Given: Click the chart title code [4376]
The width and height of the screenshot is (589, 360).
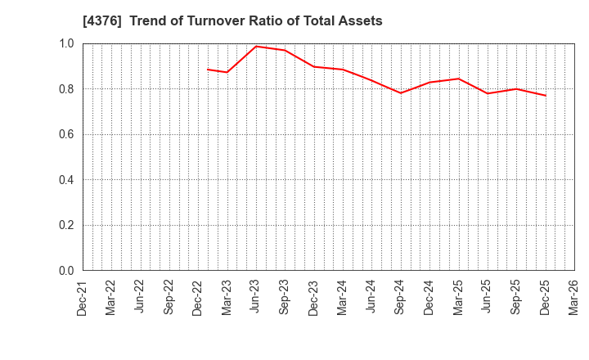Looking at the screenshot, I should click(103, 21).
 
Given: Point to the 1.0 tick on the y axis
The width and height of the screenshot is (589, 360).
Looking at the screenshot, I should click(65, 43).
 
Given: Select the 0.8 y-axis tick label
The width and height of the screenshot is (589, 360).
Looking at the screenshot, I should click(65, 89).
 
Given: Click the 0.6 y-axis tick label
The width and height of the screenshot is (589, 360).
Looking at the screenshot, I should click(65, 134).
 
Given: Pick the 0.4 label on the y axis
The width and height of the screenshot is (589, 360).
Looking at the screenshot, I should click(65, 180).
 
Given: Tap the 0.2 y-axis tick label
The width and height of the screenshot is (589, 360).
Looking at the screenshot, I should click(65, 225).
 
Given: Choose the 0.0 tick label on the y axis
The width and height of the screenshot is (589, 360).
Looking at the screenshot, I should click(65, 271).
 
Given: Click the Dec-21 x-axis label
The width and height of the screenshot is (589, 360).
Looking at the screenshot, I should click(83, 298).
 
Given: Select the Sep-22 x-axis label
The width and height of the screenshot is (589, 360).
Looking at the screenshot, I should click(169, 298).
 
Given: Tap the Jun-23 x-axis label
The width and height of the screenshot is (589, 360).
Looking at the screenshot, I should click(256, 298).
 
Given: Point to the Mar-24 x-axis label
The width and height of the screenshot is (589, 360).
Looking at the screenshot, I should click(343, 298).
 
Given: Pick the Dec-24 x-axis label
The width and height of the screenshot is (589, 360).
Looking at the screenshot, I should click(429, 298).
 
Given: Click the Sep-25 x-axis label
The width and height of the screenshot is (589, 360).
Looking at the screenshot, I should click(516, 298).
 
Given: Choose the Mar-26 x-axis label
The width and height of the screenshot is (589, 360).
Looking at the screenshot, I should click(574, 298).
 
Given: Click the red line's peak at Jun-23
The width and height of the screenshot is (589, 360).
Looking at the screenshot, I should click(256, 46).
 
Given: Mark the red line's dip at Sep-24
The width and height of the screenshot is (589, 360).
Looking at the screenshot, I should click(401, 92).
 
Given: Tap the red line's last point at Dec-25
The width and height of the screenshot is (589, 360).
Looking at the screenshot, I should click(546, 96).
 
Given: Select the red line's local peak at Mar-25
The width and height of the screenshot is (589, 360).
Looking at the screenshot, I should click(459, 79).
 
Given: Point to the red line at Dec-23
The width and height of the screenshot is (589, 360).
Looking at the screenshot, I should click(314, 66).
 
